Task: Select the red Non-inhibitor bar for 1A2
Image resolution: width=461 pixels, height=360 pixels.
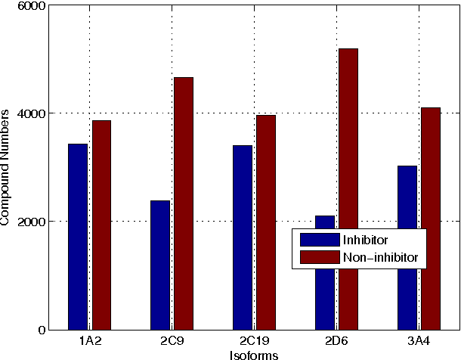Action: [x=102, y=225]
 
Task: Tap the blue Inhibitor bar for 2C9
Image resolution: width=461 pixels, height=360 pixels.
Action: [x=160, y=265]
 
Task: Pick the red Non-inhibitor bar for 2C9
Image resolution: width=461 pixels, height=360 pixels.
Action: [x=184, y=203]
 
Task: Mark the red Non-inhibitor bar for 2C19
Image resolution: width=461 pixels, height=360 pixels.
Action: [x=266, y=222]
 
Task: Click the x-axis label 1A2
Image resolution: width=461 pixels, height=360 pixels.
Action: [x=90, y=340]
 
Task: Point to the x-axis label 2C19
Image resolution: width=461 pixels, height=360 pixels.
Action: [x=254, y=340]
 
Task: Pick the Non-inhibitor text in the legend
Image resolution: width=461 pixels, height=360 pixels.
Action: [x=385, y=258]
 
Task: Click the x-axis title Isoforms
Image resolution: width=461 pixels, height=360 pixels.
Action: [x=254, y=354]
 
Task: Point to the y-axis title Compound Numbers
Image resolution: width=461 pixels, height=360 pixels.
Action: [x=7, y=167]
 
